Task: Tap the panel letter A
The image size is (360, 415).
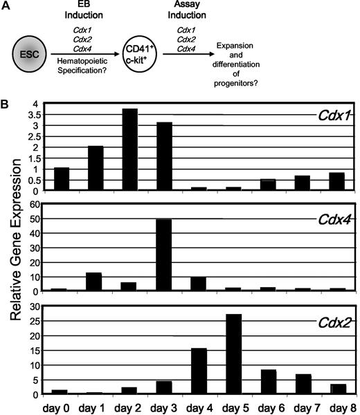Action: coord(6,6)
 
